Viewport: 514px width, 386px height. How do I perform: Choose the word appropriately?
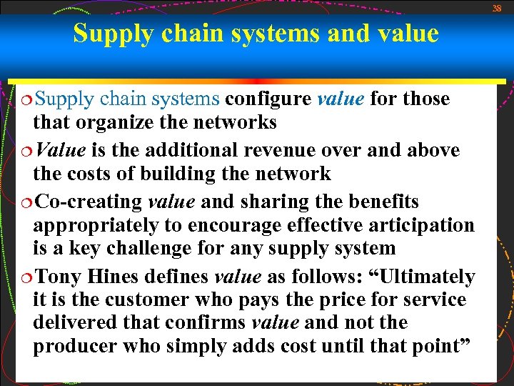pos(96,225)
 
